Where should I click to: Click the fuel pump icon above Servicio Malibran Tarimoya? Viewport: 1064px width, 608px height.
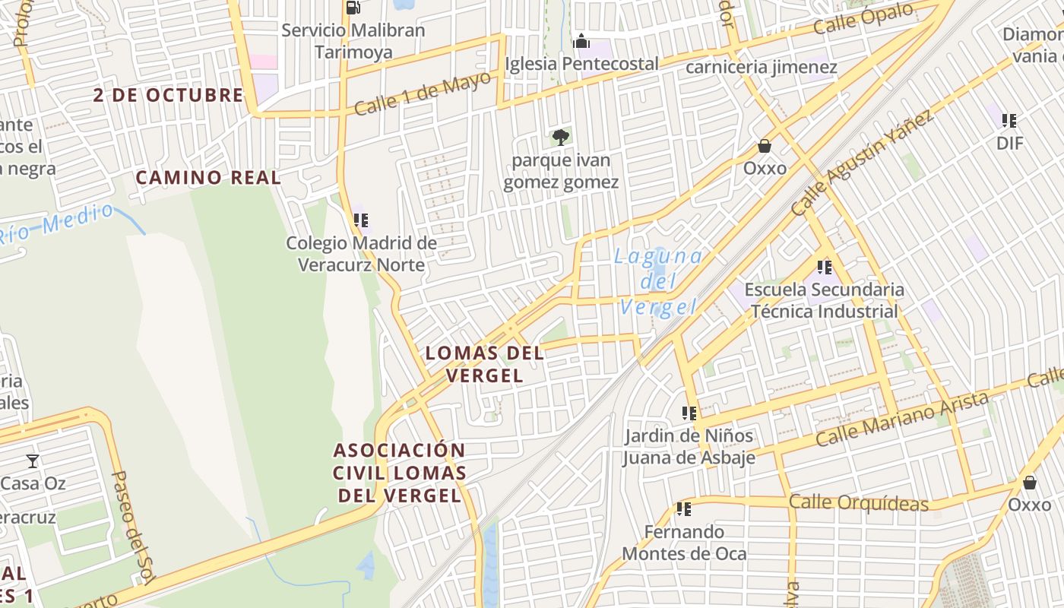[353, 8]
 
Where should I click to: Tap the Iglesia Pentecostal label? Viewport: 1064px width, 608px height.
[581, 64]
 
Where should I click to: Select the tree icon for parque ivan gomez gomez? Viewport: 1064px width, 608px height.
[560, 138]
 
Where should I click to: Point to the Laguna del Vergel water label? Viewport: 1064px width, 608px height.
[658, 281]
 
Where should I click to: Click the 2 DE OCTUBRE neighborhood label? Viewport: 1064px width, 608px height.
[168, 95]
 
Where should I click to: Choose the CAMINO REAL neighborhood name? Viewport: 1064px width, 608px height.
[208, 178]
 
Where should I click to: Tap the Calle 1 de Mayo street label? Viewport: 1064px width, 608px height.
[423, 94]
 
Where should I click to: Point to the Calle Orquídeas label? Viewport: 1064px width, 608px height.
[858, 502]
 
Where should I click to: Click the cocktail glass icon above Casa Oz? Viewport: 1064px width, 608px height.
[33, 461]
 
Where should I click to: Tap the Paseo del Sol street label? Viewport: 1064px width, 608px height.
[134, 527]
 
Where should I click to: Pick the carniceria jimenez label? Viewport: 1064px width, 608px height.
[761, 68]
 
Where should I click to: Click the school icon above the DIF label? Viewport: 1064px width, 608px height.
[1009, 120]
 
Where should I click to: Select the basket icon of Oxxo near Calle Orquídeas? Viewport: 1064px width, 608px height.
[1029, 483]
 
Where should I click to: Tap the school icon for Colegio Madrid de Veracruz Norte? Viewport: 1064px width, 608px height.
[361, 220]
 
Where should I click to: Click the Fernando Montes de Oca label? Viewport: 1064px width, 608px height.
[684, 543]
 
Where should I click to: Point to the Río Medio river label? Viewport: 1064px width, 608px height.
[57, 223]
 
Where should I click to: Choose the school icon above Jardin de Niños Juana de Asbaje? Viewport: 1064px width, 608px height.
[689, 413]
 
